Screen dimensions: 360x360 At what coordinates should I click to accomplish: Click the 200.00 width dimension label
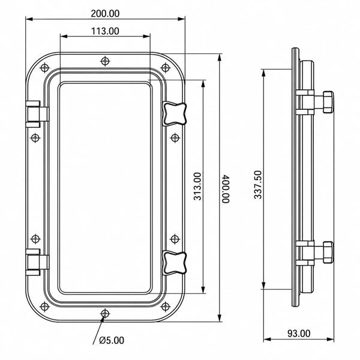[x=105, y=14]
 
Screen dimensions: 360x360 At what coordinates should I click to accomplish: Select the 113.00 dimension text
[x=105, y=31]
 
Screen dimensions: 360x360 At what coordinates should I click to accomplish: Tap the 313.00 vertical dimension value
[x=197, y=187]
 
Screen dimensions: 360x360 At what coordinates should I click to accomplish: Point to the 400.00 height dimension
[x=226, y=189]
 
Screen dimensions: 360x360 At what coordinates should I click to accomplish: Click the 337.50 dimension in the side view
[x=258, y=185]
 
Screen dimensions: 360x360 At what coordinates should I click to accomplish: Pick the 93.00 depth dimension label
[x=299, y=333]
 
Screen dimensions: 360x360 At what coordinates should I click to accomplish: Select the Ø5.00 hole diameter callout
[x=112, y=340]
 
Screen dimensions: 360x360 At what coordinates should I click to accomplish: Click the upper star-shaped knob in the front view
[x=174, y=114]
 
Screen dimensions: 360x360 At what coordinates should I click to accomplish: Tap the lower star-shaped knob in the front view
[x=174, y=263]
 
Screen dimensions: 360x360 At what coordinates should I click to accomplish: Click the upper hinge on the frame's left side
[x=37, y=114]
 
